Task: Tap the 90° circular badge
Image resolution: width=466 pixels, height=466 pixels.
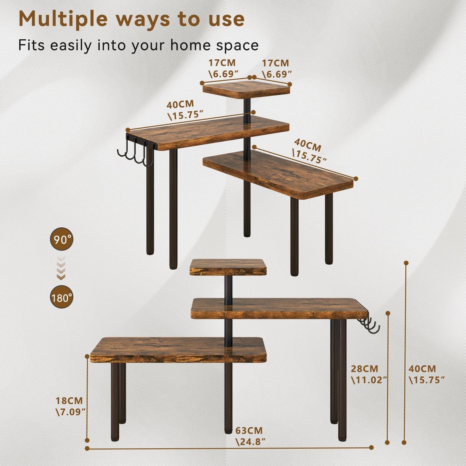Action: (62, 239)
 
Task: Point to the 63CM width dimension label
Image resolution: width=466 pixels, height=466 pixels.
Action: (249, 431)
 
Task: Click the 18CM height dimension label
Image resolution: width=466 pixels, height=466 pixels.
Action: (69, 401)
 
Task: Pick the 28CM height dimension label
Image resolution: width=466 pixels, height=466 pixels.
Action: (365, 369)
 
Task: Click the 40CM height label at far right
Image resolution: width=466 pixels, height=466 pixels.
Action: (422, 369)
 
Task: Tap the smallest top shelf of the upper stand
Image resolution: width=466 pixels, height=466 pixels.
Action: (246, 89)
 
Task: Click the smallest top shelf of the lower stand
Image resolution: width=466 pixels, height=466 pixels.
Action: (228, 267)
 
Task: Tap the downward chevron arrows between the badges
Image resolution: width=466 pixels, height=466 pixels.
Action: (61, 268)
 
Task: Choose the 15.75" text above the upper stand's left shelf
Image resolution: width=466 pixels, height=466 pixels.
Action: (186, 115)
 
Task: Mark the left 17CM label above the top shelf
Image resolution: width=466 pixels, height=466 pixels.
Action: (222, 63)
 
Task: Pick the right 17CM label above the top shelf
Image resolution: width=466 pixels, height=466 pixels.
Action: (275, 63)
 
